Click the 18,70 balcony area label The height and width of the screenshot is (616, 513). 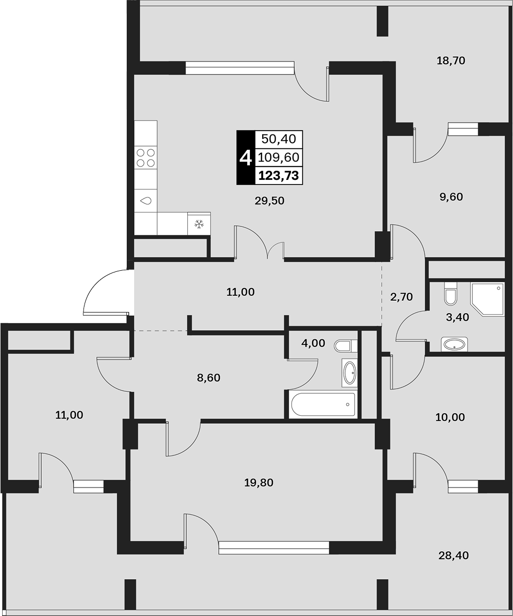point(450,60)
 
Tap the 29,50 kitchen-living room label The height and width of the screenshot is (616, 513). point(270,201)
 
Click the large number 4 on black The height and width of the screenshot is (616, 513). point(246,157)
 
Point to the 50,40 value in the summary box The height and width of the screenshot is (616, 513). point(279,139)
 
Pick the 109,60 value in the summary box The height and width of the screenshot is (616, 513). point(279,157)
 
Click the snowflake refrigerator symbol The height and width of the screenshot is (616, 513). point(199,224)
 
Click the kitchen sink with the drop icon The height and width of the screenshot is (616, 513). point(146,200)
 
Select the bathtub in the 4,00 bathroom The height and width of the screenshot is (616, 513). point(323,405)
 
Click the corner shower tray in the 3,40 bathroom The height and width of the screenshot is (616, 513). point(487,299)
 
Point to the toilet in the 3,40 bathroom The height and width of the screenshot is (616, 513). point(450,294)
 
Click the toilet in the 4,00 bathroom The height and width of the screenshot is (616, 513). point(346,346)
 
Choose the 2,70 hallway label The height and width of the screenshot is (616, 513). point(401,297)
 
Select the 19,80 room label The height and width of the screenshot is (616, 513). point(259,482)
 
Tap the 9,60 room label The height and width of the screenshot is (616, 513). point(451,197)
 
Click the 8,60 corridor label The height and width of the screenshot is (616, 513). point(209,378)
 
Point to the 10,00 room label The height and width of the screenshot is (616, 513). point(450,417)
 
